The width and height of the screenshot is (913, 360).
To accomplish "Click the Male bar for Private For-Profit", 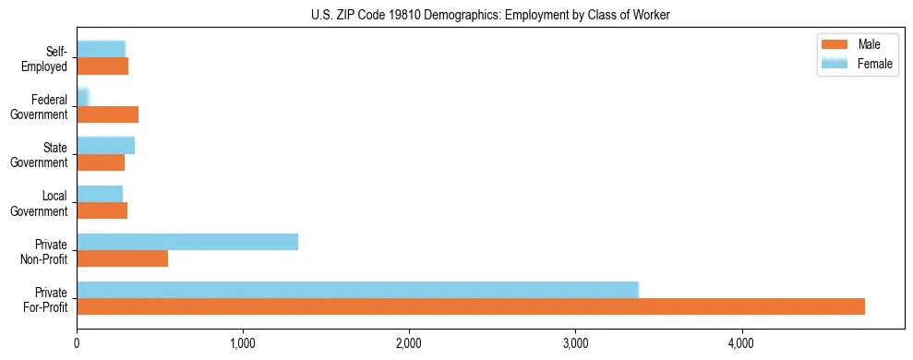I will click(471, 306).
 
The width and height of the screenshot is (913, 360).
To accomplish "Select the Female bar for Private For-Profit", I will click(357, 290).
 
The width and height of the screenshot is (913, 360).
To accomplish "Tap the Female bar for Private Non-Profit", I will click(187, 242).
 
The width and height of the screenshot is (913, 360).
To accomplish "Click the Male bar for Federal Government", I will click(107, 114).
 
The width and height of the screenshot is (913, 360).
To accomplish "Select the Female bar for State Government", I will click(105, 146).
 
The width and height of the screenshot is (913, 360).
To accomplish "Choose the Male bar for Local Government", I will click(102, 210).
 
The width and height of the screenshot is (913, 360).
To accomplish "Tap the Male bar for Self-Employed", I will click(102, 66).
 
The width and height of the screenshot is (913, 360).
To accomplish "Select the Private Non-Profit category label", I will click(49, 251).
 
